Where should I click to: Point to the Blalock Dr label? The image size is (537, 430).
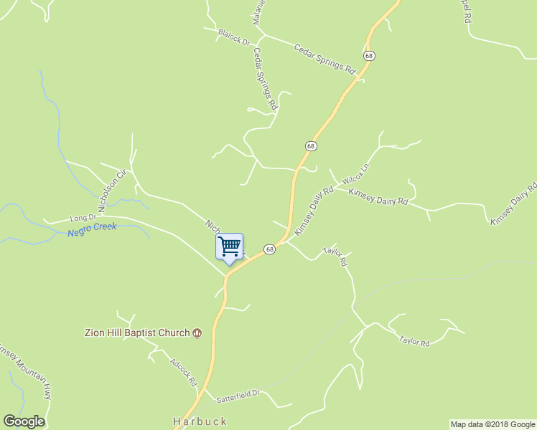pos(233,37)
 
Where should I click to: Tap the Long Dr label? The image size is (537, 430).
pos(83,217)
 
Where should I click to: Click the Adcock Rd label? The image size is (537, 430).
pos(184,371)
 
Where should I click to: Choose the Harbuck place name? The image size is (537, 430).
pos(200,421)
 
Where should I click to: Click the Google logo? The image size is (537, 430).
pos(24,421)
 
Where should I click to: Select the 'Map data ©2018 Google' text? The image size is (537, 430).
pos(492,424)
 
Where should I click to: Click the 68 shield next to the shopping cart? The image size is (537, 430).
pos(269,249)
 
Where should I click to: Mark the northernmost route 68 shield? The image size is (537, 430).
pos(369,55)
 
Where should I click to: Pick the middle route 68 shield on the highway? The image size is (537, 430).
pos(310,145)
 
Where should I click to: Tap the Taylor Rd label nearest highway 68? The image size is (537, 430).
pos(335,257)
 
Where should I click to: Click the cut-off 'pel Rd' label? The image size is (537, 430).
pos(464,13)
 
